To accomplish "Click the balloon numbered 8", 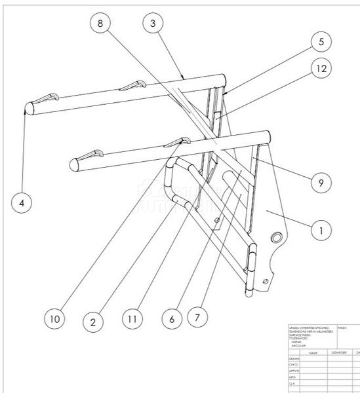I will pyautogui.click(x=100, y=24).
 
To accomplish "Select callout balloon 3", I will pyautogui.click(x=153, y=24).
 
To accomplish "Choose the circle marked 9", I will pyautogui.click(x=321, y=183).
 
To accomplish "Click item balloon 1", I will pyautogui.click(x=321, y=230).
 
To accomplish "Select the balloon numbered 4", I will pyautogui.click(x=23, y=203).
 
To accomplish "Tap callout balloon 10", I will pyautogui.click(x=56, y=319).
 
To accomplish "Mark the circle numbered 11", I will pyautogui.click(x=134, y=319).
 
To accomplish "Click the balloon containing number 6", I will pyautogui.click(x=172, y=319).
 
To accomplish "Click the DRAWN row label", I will pyautogui.click(x=294, y=359).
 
